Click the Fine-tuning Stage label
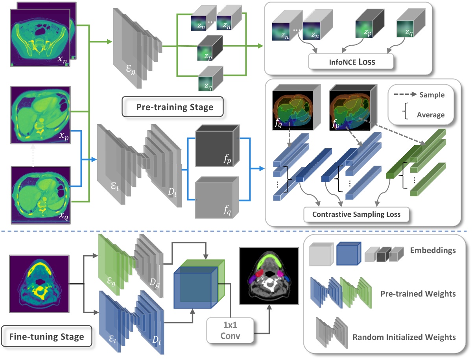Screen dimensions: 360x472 46,337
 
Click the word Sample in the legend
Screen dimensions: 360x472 432,95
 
